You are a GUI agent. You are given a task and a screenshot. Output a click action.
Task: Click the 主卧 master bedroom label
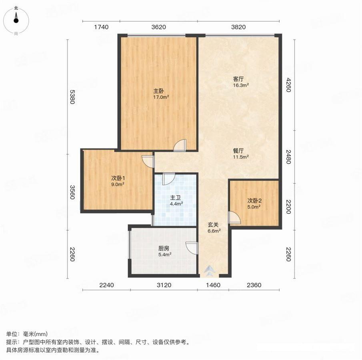[159, 91]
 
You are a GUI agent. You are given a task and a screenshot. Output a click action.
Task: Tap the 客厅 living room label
[238, 79]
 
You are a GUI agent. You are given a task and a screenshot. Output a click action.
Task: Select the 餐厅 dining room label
[238, 151]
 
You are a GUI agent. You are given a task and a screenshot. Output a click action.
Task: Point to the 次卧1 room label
[118, 178]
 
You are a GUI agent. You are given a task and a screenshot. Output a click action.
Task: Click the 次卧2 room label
[254, 201]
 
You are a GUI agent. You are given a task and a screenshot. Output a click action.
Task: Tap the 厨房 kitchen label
[164, 248]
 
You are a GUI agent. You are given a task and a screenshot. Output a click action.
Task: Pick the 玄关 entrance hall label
[213, 225]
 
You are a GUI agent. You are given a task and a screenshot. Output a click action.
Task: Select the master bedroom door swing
[180, 145]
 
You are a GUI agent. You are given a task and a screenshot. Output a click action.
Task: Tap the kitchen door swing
[192, 248]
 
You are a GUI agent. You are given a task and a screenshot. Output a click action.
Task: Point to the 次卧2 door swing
[234, 217]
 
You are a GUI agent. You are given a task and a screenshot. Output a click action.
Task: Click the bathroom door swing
[168, 179]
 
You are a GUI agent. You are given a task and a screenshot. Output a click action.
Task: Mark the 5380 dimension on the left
[72, 97]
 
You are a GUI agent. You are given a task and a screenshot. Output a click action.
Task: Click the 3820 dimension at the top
[238, 27]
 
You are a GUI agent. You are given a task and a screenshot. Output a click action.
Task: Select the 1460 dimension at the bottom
[213, 285]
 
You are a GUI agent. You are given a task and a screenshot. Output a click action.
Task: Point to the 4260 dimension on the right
[288, 85]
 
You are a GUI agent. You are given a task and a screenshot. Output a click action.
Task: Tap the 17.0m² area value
[161, 97]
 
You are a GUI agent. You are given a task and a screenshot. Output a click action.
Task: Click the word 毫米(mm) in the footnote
[35, 334]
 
